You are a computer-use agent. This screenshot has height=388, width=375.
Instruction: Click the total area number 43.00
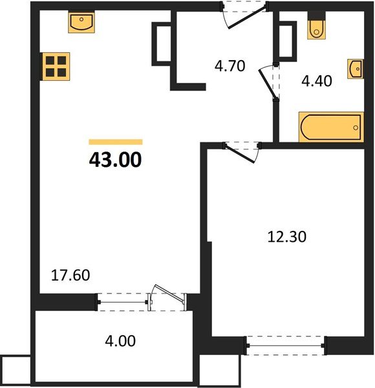pos(115,160)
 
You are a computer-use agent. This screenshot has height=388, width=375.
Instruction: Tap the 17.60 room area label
pos(70,275)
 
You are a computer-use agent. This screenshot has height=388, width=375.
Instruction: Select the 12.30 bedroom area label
pos(287,237)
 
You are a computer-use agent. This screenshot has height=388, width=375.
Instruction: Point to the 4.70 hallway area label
pos(230,66)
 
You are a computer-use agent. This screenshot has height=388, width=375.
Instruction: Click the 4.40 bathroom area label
pos(317,81)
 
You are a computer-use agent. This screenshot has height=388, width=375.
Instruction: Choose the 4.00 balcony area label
pos(120,341)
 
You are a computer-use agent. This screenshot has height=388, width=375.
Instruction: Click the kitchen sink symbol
pos(81,22)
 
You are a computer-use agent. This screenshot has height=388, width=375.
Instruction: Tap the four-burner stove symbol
pos(56,67)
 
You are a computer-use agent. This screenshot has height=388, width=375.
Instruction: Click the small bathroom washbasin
pos(356,69)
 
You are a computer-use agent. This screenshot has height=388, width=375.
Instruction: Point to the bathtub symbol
pos(331,127)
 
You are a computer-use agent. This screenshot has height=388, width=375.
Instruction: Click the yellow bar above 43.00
pos(116,142)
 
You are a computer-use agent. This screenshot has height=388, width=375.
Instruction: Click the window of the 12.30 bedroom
pos(286,346)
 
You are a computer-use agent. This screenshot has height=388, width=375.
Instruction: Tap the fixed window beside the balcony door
pos(123,302)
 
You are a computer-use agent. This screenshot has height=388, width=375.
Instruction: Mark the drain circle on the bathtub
pos(356,127)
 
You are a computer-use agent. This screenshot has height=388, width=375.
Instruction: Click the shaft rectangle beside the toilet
pos(288,41)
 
